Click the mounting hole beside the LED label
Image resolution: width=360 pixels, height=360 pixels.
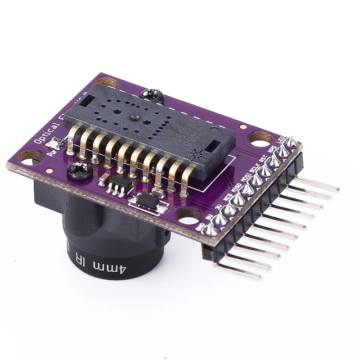coord(260,139)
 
